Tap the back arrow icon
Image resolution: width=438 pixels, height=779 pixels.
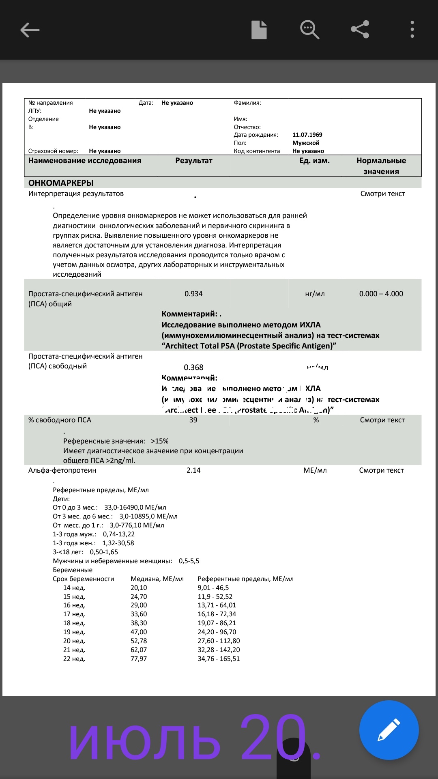pyautogui.click(x=30, y=30)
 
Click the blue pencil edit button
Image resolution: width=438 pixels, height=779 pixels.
pyautogui.click(x=389, y=730)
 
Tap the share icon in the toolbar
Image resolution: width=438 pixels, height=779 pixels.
pyautogui.click(x=360, y=30)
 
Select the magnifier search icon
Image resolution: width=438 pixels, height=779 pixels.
pyautogui.click(x=309, y=30)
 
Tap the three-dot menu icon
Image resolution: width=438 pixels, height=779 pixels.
pyautogui.click(x=412, y=30)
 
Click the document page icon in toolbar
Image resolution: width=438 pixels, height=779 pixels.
pyautogui.click(x=259, y=30)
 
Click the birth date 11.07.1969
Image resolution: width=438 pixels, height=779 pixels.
pyautogui.click(x=307, y=135)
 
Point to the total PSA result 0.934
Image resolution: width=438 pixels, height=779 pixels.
pyautogui.click(x=193, y=294)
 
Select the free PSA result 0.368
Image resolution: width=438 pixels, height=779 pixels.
pyautogui.click(x=193, y=367)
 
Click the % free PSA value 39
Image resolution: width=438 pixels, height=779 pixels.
pyautogui.click(x=193, y=420)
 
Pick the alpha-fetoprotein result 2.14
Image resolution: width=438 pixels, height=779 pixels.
pyautogui.click(x=193, y=470)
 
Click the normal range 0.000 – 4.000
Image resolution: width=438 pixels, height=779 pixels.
pyautogui.click(x=381, y=294)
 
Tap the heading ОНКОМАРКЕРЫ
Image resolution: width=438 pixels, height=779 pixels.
pyautogui.click(x=61, y=183)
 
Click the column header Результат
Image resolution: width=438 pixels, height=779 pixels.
pyautogui.click(x=193, y=161)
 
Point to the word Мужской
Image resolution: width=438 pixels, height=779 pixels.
pyautogui.click(x=306, y=143)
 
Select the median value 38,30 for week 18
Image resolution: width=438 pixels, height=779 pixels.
pyautogui.click(x=139, y=623)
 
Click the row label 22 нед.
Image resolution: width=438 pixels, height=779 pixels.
pyautogui.click(x=74, y=659)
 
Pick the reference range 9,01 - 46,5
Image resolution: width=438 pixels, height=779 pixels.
pyautogui.click(x=213, y=588)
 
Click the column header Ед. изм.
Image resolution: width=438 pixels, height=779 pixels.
pyautogui.click(x=314, y=161)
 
